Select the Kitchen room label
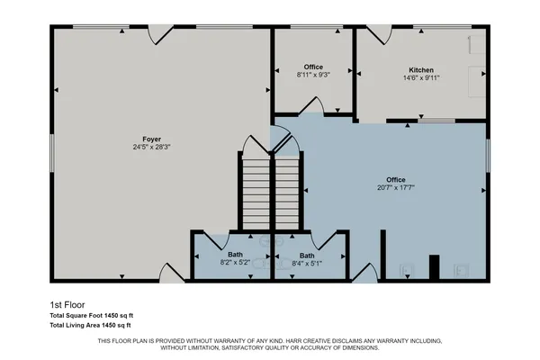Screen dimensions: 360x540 click(420, 69)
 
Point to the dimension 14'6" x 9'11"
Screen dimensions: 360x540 click(420, 78)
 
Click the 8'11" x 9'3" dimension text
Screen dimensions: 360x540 click(313, 76)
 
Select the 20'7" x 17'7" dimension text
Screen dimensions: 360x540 click(395, 188)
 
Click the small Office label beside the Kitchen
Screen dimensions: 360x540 click(313, 67)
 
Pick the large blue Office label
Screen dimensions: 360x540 click(395, 179)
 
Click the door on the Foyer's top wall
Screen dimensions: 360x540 click(159, 34)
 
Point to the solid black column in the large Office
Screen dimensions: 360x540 click(433, 268)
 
